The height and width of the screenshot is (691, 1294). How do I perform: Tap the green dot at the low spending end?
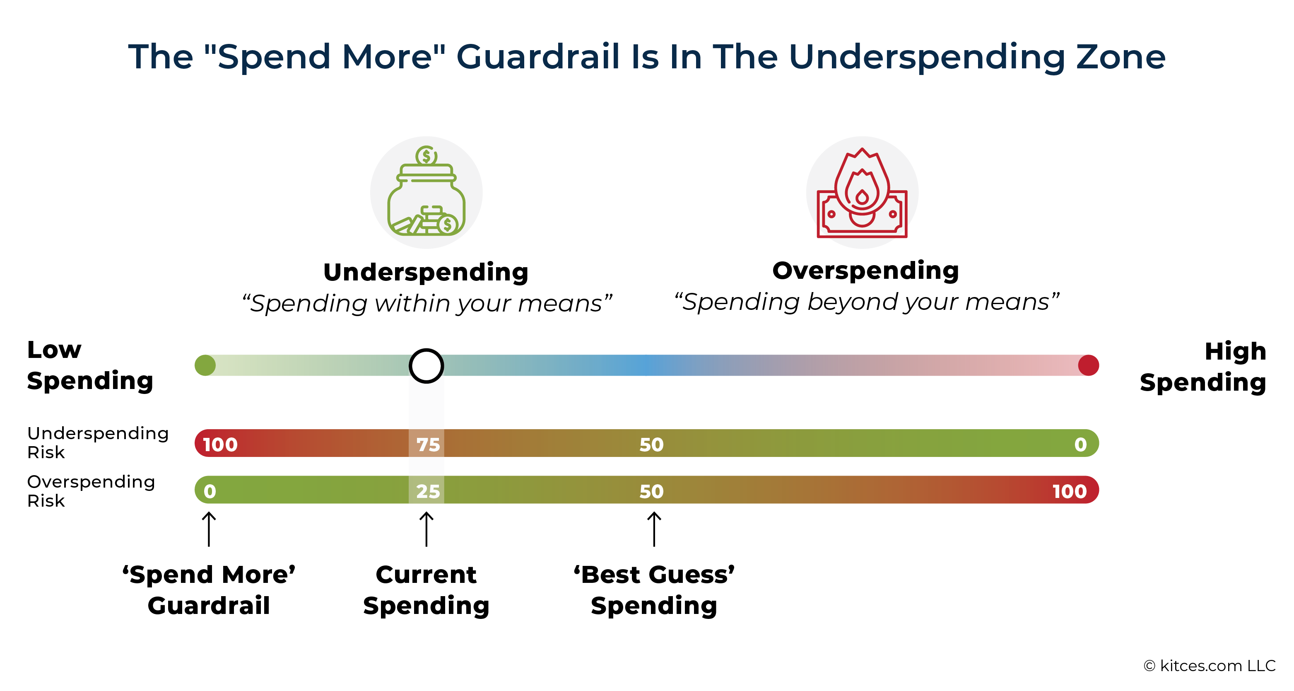[205, 365]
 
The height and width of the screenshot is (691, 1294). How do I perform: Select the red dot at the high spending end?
[1088, 365]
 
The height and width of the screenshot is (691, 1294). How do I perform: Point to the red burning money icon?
[862, 193]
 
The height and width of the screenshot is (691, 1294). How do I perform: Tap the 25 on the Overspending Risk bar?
[428, 491]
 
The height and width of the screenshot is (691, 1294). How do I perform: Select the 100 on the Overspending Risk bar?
[1070, 491]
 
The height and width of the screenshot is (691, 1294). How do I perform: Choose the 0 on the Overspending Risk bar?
[210, 491]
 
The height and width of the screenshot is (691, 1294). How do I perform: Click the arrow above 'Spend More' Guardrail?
[209, 529]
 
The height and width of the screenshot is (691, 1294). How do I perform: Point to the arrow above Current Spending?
[427, 529]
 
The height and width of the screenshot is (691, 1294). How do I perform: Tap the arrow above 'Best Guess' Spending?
[654, 529]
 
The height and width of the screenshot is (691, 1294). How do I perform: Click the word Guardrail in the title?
[538, 56]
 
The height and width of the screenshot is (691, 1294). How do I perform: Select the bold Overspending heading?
[865, 271]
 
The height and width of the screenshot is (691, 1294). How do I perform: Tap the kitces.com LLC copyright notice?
[1210, 666]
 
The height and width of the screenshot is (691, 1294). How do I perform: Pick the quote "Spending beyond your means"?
[867, 302]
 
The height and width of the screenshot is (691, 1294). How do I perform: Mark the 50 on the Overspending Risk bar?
[651, 491]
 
